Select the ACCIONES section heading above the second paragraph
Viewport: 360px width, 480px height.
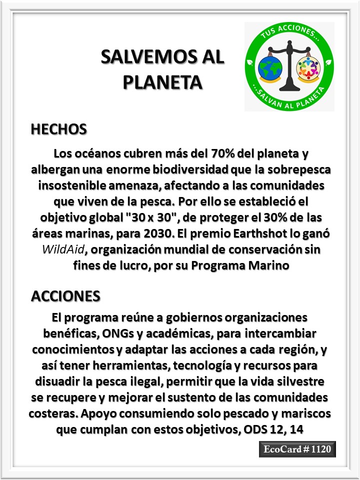[65, 295]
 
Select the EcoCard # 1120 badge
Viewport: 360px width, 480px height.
[297, 449]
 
